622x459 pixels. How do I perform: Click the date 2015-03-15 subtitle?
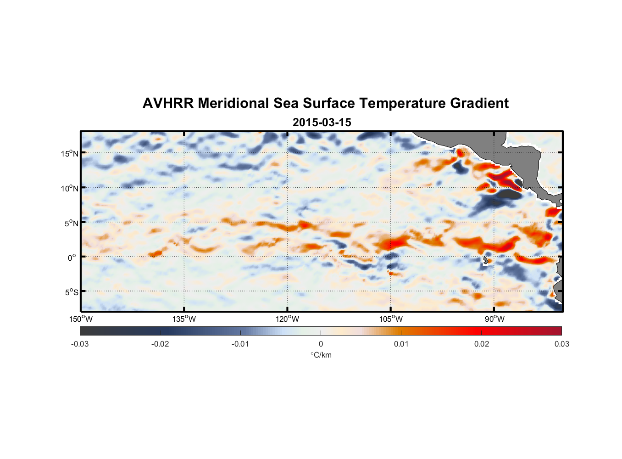click(x=322, y=123)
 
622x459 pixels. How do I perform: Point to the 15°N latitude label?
click(x=70, y=153)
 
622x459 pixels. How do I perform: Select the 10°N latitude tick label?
click(x=70, y=188)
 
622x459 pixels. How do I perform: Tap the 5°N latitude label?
click(x=72, y=223)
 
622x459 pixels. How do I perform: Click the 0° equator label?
click(x=72, y=258)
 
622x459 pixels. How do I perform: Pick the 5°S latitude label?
click(x=72, y=292)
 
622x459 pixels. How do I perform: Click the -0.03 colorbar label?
click(x=80, y=344)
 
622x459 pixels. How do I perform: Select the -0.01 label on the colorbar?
click(x=240, y=344)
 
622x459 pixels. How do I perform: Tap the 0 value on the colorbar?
click(x=321, y=344)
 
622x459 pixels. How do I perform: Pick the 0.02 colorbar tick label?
click(x=482, y=344)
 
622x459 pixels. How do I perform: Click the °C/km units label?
click(x=321, y=355)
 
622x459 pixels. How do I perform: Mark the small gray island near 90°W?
click(x=485, y=260)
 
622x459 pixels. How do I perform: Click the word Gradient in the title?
click(x=479, y=103)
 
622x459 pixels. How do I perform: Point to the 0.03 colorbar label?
click(x=561, y=344)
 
